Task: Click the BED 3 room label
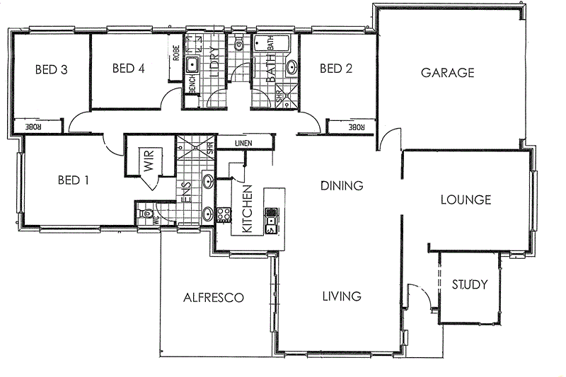[x=52, y=69]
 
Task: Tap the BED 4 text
[x=128, y=69]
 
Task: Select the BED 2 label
[x=336, y=69]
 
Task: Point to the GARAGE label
[x=447, y=72]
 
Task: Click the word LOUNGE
[x=466, y=200]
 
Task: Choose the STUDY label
[x=469, y=285]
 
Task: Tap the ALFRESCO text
[x=213, y=298]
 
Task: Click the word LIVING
[x=341, y=296]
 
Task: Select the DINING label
[x=342, y=186]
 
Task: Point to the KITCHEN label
[x=248, y=209]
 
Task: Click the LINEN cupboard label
[x=243, y=144]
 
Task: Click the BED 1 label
[x=73, y=180]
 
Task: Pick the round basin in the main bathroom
[x=292, y=69]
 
